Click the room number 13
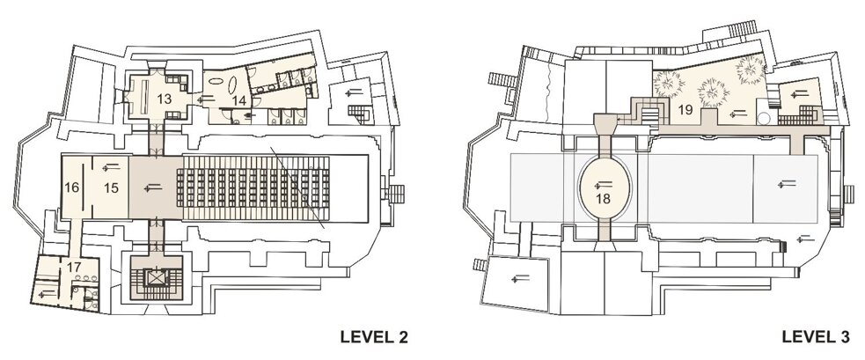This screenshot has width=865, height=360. (x=164, y=99)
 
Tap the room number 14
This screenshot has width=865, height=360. (x=238, y=100)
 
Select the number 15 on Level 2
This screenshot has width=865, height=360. (x=111, y=187)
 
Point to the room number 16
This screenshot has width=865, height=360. (x=71, y=187)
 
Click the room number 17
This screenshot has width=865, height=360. (x=74, y=267)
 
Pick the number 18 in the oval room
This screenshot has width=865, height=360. (x=604, y=199)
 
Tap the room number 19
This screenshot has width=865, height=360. (x=685, y=110)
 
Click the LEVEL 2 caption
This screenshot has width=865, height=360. (x=374, y=337)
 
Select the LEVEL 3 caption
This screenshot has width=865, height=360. (x=816, y=337)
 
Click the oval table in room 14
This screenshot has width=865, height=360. (x=231, y=85)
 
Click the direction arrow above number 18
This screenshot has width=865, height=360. (x=603, y=184)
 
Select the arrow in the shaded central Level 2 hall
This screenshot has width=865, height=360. (x=153, y=188)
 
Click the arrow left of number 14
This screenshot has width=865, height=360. (x=207, y=99)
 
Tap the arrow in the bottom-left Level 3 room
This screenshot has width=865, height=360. (x=520, y=279)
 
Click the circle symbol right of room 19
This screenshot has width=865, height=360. (x=763, y=118)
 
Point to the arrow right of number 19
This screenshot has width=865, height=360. (x=737, y=114)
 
